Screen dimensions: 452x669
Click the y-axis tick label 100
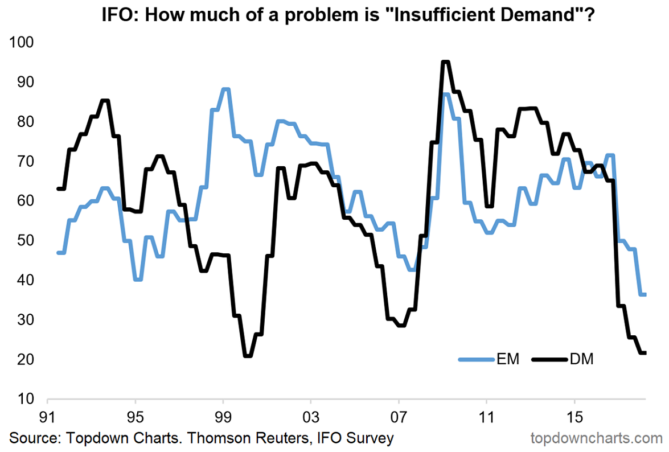(x=22, y=43)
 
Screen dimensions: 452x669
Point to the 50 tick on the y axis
(x=24, y=241)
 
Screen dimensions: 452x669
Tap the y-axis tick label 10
(x=24, y=399)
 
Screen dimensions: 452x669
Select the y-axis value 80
(x=24, y=122)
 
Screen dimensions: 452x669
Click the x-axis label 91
(x=47, y=417)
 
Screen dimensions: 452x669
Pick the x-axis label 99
(x=223, y=417)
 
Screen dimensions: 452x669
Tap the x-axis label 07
(x=399, y=417)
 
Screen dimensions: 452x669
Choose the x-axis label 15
(x=575, y=417)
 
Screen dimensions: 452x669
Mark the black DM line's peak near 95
(x=445, y=62)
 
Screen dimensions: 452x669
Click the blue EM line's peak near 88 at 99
(x=225, y=89)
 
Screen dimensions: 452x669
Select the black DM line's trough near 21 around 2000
(x=248, y=356)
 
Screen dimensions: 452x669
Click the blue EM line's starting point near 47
(x=58, y=253)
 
